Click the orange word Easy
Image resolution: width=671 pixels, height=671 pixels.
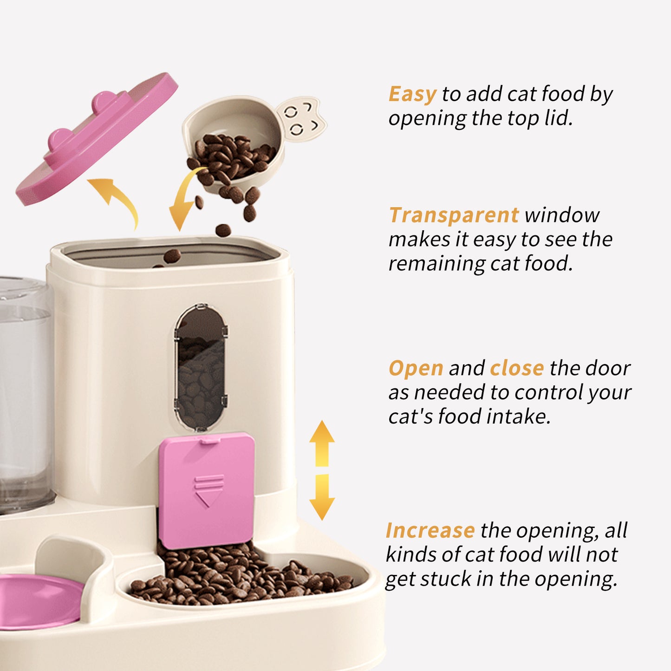click(x=412, y=94)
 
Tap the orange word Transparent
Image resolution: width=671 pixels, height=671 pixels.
click(x=453, y=215)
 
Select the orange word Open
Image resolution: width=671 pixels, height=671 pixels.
click(x=416, y=369)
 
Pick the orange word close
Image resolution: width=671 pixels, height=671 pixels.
click(x=517, y=369)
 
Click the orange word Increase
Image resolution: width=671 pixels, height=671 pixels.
click(x=430, y=531)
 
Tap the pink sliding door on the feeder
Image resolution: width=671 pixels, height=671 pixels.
click(x=207, y=490)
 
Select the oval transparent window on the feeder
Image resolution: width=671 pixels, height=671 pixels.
click(x=201, y=367)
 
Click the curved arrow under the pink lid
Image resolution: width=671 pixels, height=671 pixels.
click(x=116, y=197)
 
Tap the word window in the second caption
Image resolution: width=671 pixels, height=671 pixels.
click(x=562, y=215)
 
